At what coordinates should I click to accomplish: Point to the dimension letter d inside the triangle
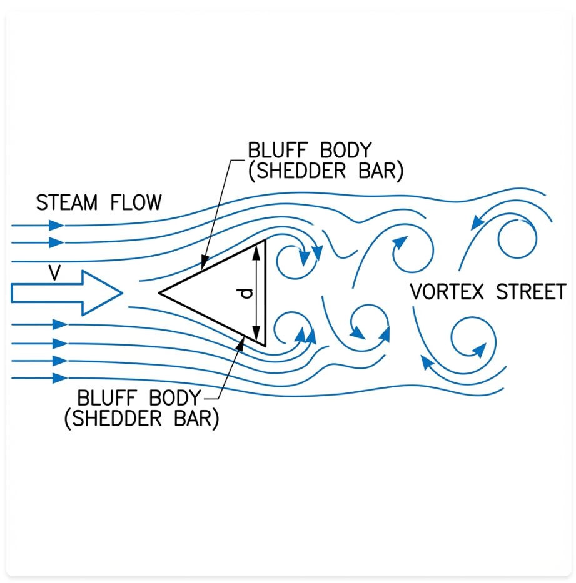tap(248, 292)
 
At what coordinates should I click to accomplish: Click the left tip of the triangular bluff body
tap(160, 292)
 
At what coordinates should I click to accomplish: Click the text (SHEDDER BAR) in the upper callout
tap(325, 171)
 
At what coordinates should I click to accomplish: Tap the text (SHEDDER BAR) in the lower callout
tap(141, 419)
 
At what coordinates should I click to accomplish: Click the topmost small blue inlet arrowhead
tap(57, 225)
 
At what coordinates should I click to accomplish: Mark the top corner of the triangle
tap(265, 240)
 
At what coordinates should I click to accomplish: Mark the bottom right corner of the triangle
tap(265, 345)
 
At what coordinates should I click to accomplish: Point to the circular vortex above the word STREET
tap(517, 238)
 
